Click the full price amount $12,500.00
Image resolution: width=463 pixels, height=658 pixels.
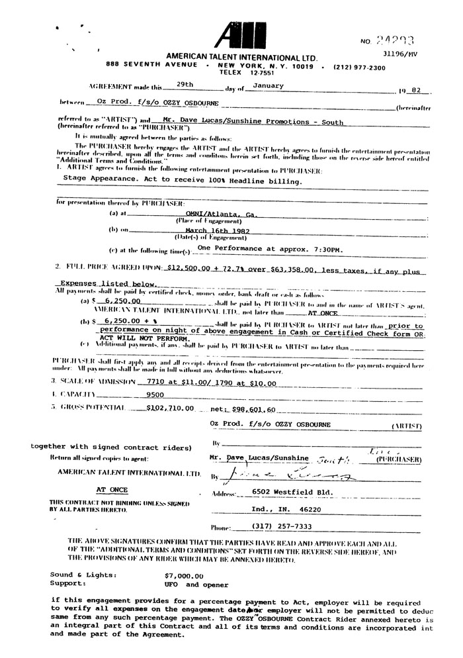(x=190, y=270)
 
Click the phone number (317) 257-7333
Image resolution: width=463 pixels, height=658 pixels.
(x=281, y=526)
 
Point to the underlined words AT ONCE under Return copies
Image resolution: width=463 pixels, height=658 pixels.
(x=110, y=490)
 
